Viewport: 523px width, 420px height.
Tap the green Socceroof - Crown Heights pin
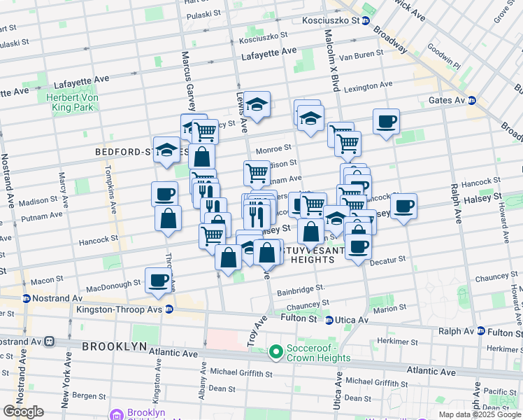tap(275, 351)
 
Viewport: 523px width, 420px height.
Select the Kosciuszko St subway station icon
tap(365, 21)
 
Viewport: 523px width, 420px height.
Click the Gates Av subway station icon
tap(471, 101)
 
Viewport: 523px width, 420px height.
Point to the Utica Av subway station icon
tap(329, 320)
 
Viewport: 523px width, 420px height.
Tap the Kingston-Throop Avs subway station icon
tap(169, 309)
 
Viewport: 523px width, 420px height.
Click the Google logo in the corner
tap(23, 412)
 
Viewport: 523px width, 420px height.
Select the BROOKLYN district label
tap(114, 346)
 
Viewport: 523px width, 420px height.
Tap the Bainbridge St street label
tap(301, 288)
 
